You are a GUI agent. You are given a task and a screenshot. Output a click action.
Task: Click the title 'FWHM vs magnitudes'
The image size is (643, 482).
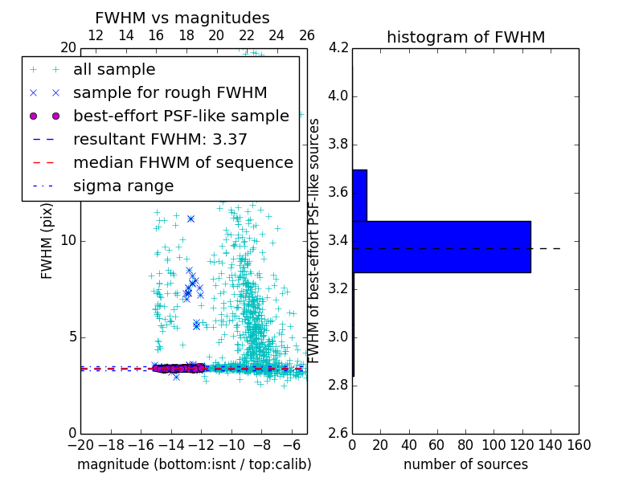click(182, 18)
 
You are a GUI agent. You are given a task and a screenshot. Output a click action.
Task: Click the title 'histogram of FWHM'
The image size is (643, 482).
click(465, 37)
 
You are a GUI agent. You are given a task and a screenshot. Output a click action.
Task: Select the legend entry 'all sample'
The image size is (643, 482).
click(114, 69)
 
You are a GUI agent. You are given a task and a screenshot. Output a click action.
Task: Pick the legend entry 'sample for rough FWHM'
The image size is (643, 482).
click(170, 92)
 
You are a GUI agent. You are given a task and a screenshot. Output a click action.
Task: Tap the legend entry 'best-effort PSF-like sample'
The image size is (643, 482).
click(181, 116)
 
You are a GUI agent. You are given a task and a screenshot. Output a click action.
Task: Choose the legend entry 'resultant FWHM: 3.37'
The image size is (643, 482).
click(160, 139)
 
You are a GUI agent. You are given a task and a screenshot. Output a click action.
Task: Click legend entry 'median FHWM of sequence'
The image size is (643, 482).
click(182, 162)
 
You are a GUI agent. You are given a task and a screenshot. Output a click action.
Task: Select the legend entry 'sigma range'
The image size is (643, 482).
click(123, 186)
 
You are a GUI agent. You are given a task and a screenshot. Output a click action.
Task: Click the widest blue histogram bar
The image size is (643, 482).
click(441, 247)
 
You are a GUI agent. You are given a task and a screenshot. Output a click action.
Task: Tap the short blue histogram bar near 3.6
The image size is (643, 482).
click(359, 195)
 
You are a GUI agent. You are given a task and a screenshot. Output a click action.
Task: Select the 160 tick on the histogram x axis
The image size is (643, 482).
click(579, 443)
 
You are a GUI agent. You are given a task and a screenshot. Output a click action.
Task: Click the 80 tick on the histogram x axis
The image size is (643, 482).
click(465, 443)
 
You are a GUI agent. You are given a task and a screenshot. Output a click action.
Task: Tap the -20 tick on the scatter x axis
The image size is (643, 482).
click(80, 443)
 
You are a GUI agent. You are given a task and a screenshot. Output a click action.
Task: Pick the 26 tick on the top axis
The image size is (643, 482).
click(307, 35)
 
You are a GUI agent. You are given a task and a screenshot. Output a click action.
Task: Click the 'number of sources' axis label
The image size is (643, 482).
click(465, 464)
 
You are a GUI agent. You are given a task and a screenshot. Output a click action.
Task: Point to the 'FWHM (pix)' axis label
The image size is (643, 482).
click(47, 241)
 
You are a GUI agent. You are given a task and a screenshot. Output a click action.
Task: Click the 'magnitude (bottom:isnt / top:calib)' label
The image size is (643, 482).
click(194, 464)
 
